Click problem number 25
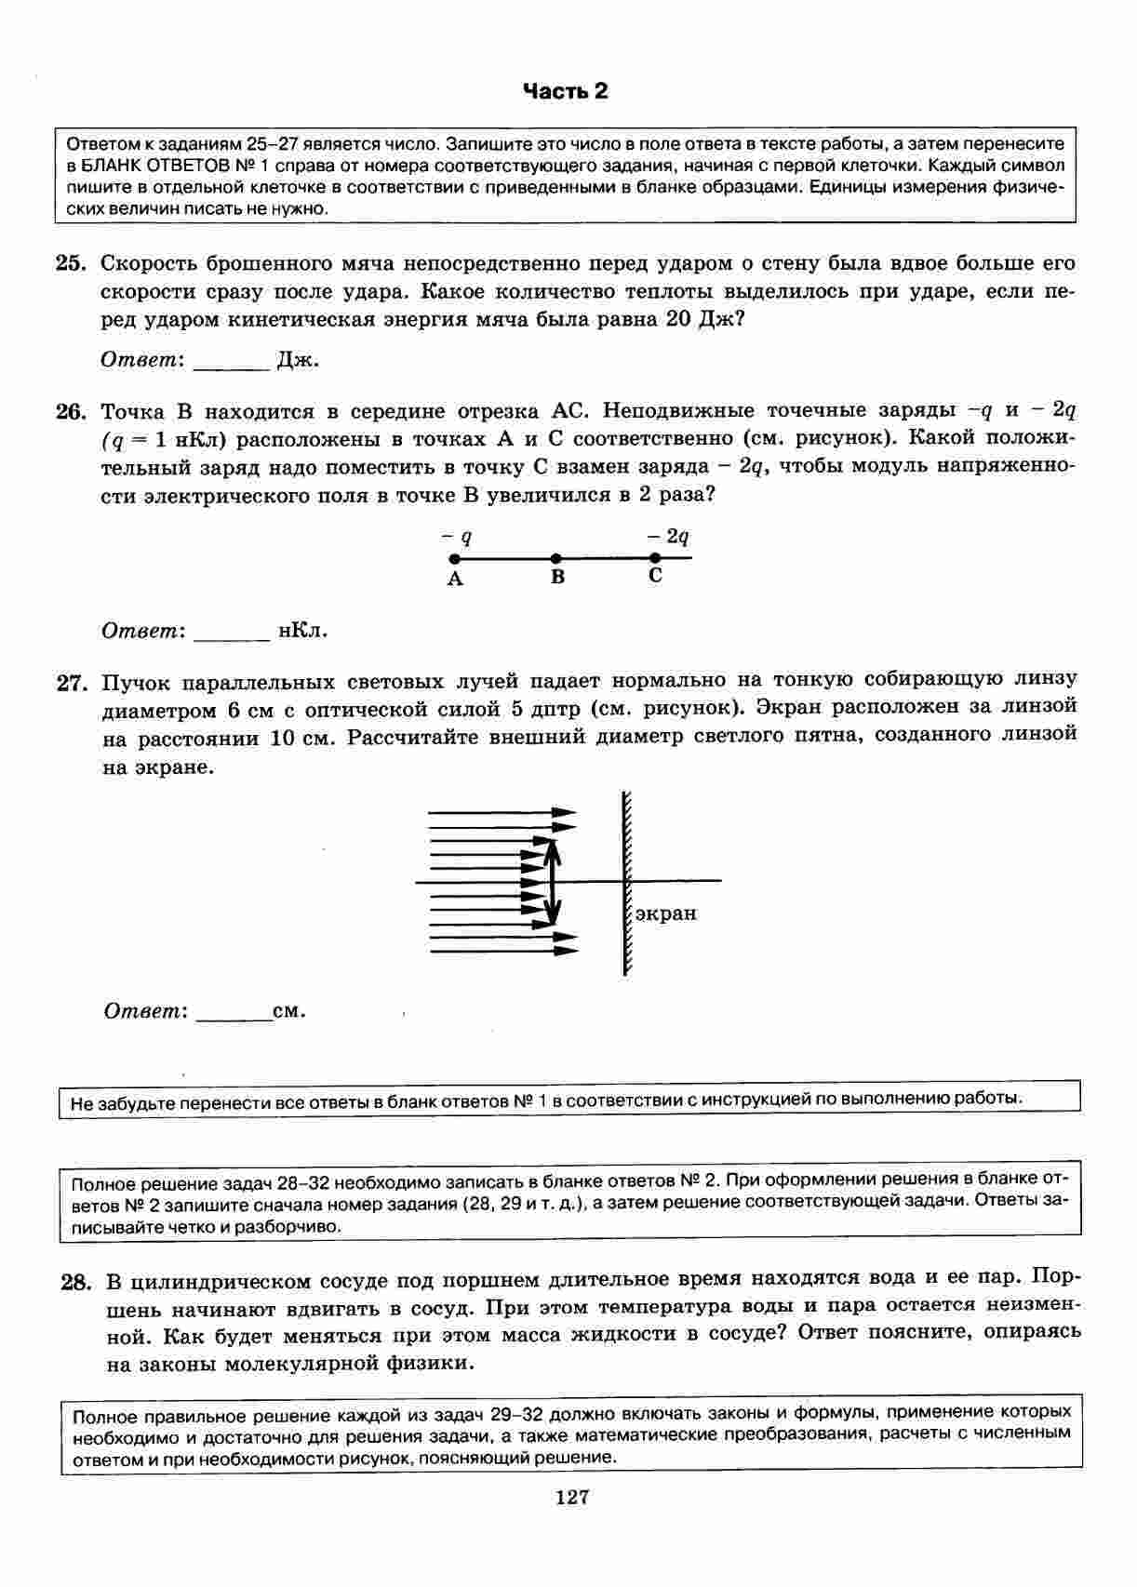point(71,264)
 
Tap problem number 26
point(71,412)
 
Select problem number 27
point(72,684)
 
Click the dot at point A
point(454,559)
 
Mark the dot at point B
point(555,558)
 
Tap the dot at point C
point(655,558)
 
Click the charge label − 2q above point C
point(668,537)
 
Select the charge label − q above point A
point(457,537)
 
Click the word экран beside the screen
point(665,914)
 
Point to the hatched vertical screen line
point(625,881)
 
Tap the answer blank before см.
point(234,1012)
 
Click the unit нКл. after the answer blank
point(302,631)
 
